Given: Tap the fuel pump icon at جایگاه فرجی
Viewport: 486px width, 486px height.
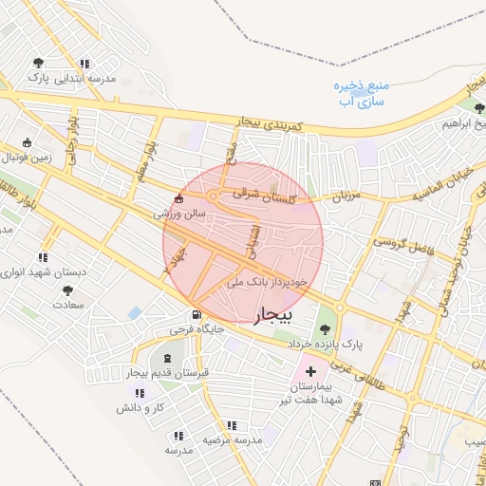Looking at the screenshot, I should click(196, 315).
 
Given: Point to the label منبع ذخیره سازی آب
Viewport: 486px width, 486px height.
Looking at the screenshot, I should click(361, 92).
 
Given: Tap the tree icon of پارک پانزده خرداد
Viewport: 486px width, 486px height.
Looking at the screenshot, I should click(326, 328).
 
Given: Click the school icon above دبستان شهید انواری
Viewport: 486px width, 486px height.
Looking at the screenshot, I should click(43, 257).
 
